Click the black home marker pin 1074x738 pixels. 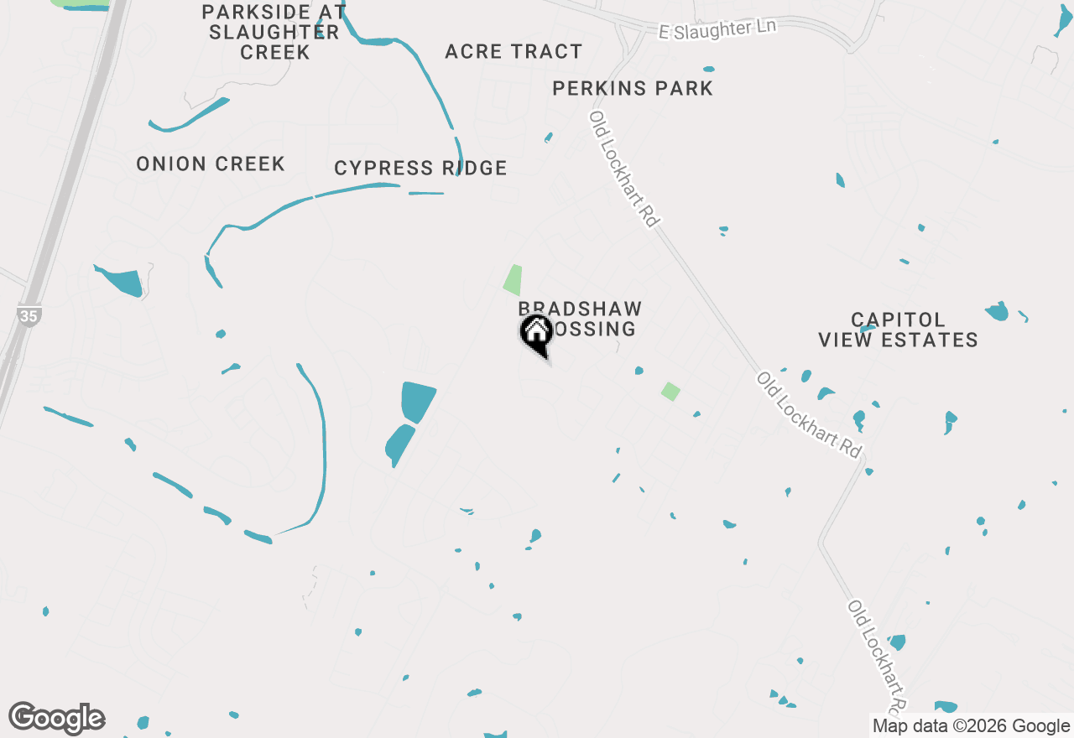pyautogui.click(x=535, y=332)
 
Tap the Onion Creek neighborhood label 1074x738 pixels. pyautogui.click(x=211, y=164)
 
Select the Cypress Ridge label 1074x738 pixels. pyautogui.click(x=420, y=169)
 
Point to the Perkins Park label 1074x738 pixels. pyautogui.click(x=633, y=88)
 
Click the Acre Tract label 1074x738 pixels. pyautogui.click(x=514, y=52)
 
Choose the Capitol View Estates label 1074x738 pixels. pyautogui.click(x=898, y=330)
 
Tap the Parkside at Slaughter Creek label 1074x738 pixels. pyautogui.click(x=274, y=32)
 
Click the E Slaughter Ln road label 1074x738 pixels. pyautogui.click(x=718, y=29)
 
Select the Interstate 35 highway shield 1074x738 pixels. pyautogui.click(x=29, y=316)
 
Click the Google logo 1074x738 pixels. pyautogui.click(x=57, y=718)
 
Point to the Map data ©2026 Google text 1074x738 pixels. pyautogui.click(x=971, y=726)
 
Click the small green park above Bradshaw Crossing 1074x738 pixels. pyautogui.click(x=513, y=279)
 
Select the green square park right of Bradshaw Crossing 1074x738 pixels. pyautogui.click(x=670, y=391)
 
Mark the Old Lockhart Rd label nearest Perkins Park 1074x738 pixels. pyautogui.click(x=623, y=169)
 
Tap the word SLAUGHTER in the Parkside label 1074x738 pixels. pyautogui.click(x=274, y=32)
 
